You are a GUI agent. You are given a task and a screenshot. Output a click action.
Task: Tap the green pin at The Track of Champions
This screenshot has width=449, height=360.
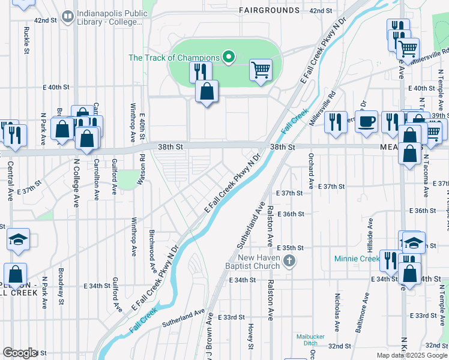(228, 58)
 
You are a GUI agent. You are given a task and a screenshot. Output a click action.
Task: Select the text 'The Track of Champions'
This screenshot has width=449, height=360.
(174, 58)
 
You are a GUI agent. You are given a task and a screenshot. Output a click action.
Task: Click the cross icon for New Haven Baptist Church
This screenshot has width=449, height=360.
(290, 260)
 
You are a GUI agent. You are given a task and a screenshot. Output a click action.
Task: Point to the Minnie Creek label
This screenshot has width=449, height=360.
(357, 259)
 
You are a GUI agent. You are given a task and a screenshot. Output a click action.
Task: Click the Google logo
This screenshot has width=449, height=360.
(20, 353)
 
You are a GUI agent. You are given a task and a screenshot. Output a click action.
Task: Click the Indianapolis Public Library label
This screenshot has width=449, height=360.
(108, 19)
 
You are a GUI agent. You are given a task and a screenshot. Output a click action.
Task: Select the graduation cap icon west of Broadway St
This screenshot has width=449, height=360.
(19, 239)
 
